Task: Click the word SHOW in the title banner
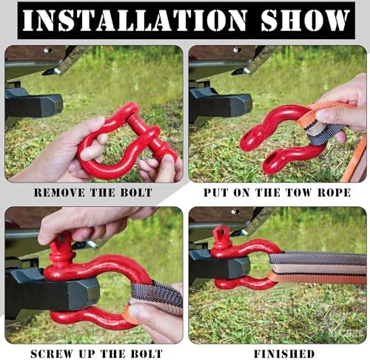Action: point(306,20)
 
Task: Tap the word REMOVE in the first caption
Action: point(59,192)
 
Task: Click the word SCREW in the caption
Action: point(52,354)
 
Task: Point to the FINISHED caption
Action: point(284,354)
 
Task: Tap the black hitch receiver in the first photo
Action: point(34,106)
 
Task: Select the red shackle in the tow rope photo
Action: point(281,138)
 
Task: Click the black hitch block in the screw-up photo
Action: point(52,291)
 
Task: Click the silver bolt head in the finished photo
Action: point(235,211)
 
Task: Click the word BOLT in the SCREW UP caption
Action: point(147,354)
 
